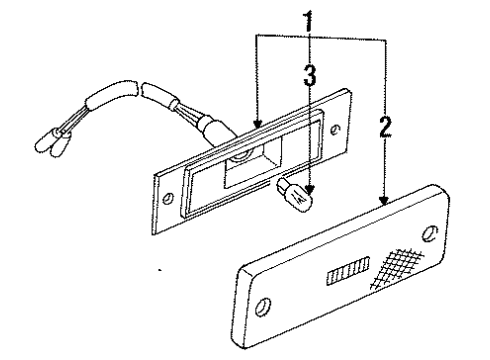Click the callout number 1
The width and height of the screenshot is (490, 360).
click(310, 18)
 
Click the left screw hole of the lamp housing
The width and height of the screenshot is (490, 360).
click(169, 198)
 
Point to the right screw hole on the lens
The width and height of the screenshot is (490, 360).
click(428, 234)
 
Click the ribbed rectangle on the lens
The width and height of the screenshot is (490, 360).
click(347, 271)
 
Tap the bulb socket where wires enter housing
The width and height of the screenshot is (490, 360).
click(211, 129)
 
